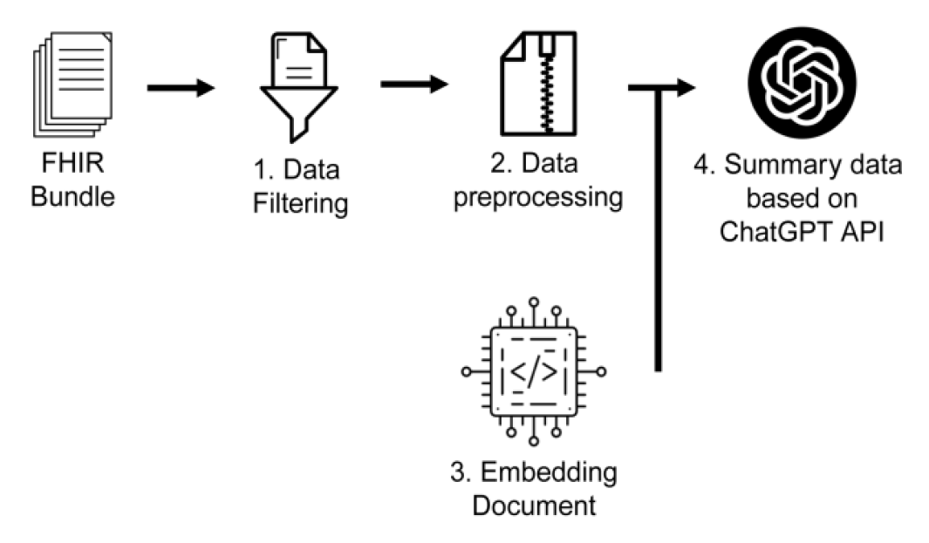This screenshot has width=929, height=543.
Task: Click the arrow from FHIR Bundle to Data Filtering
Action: (180, 87)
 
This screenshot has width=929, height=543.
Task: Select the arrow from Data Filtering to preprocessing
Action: (413, 84)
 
